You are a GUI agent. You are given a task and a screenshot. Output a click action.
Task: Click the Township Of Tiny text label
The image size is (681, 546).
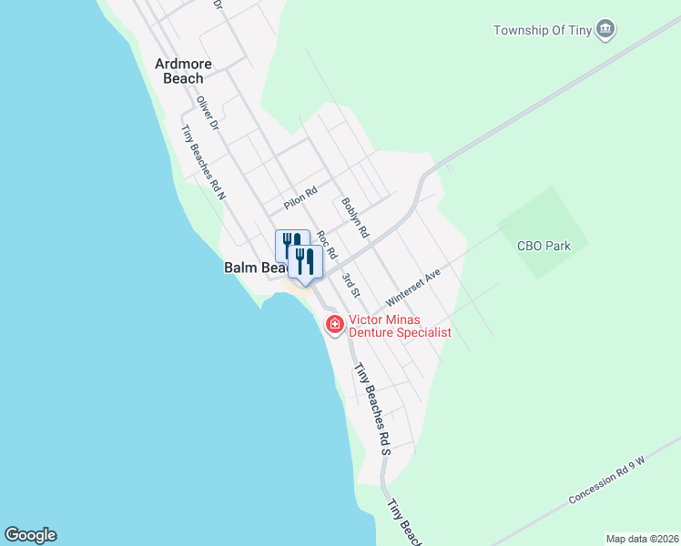point(542,30)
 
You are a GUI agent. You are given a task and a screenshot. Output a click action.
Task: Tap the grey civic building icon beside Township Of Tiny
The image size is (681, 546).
point(605,31)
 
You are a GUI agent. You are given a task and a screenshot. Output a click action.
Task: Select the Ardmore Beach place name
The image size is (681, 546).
point(183,71)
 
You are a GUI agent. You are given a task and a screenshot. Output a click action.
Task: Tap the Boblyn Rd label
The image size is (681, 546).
point(354,218)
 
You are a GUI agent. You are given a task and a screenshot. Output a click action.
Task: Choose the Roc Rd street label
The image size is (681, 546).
point(326,242)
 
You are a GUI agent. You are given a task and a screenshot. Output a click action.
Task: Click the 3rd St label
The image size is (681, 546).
point(351,284)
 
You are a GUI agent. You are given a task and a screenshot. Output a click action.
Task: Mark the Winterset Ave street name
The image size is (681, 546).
point(412,287)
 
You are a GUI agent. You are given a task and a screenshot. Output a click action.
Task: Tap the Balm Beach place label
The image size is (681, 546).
point(254,268)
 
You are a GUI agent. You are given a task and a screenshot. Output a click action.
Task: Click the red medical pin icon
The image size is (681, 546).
point(334,323)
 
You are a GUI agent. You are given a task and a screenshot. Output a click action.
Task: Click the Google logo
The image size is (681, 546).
point(30,535)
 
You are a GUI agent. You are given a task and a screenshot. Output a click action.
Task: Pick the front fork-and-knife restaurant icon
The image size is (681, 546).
point(305,261)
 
